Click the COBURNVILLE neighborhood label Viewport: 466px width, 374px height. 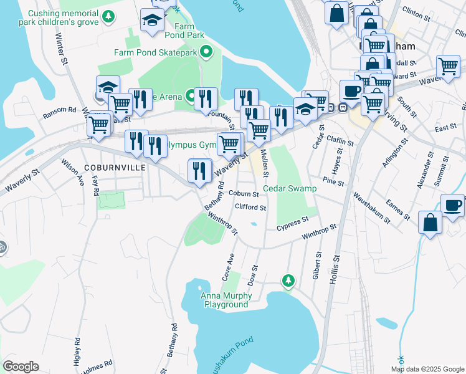click(x=107, y=168)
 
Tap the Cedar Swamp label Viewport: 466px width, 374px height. click(x=290, y=188)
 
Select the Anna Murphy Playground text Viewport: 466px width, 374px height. click(x=225, y=300)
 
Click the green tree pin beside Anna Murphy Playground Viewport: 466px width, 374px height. click(x=287, y=282)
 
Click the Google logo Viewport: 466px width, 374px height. click(x=21, y=367)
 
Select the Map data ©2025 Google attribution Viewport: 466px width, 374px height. click(x=427, y=369)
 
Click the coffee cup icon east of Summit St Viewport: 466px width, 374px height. click(x=453, y=205)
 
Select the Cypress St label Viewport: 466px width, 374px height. click(x=293, y=223)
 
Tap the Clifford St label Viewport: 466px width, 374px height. click(x=250, y=208)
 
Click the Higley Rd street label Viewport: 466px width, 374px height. click(x=77, y=353)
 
